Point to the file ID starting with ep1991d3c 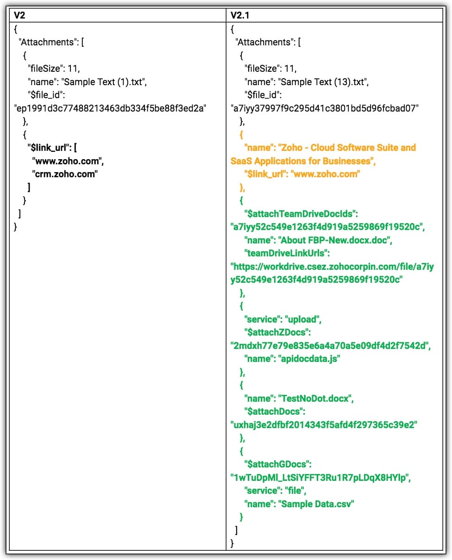pyautogui.click(x=110, y=108)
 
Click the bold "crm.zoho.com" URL pyautogui.click(x=66, y=174)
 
